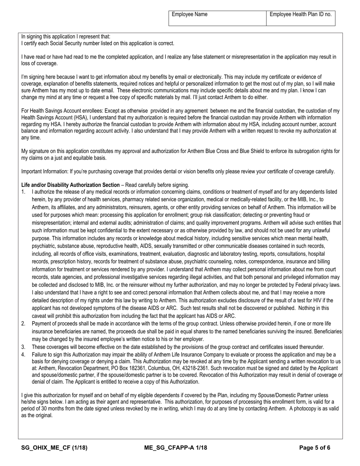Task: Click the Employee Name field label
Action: (x=189, y=14)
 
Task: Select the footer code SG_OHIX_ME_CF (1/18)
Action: (x=54, y=448)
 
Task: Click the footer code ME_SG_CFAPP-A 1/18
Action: (x=175, y=448)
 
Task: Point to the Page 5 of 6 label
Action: (x=315, y=448)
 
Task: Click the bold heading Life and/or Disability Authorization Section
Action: (x=70, y=185)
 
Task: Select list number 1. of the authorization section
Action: (x=23, y=192)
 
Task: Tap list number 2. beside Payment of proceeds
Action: (x=23, y=324)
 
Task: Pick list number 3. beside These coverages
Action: (x=23, y=347)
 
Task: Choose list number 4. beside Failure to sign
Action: (x=23, y=355)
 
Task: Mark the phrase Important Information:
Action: (x=44, y=172)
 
